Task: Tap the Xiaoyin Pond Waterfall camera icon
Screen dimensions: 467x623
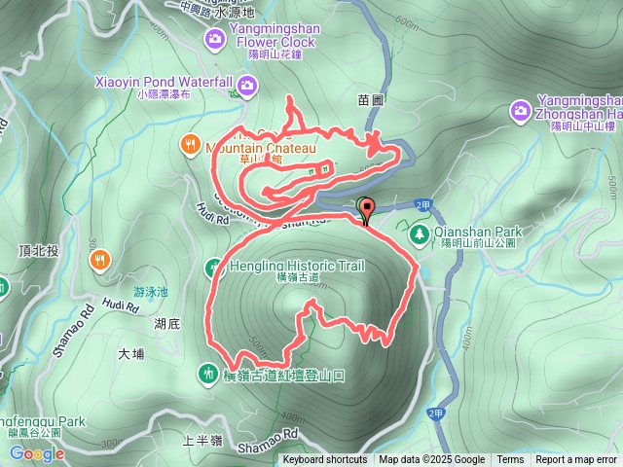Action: coord(247,89)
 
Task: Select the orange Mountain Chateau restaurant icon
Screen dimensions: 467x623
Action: coord(190,146)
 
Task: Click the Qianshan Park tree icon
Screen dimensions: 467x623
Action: coord(419,233)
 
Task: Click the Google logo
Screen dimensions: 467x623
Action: coord(38,453)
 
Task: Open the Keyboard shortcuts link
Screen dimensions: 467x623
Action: coord(325,460)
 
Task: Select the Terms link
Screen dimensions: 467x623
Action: coord(510,460)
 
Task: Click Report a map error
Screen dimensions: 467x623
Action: coord(576,460)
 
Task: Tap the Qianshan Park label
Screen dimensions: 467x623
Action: coord(479,232)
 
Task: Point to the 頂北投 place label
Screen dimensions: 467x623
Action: coord(39,251)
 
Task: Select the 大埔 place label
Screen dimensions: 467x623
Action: coord(130,354)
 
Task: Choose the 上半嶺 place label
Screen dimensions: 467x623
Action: coord(202,441)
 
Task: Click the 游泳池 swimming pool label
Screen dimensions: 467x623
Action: coord(151,292)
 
